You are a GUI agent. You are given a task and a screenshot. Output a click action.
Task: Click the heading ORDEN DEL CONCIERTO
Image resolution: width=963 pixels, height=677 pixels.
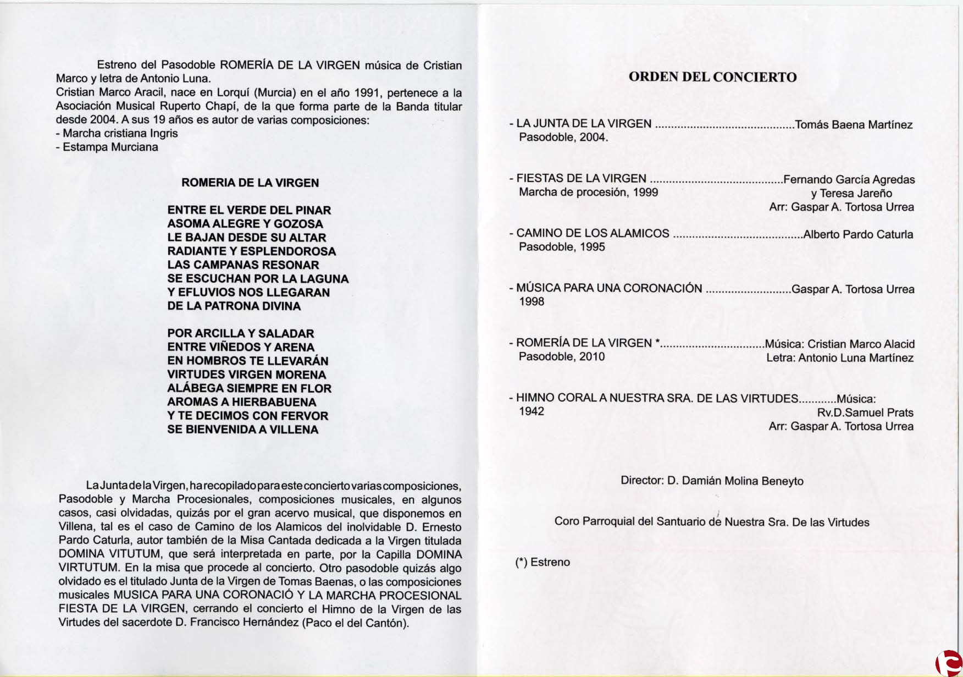pos(712,77)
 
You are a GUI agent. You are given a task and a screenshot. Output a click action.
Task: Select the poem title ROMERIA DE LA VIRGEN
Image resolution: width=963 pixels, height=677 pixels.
pos(250,183)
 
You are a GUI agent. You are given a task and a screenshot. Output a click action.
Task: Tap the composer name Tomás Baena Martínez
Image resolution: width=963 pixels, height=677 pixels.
pos(854,125)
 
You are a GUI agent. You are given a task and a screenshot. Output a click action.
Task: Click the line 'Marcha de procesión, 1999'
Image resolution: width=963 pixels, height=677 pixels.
pos(588,192)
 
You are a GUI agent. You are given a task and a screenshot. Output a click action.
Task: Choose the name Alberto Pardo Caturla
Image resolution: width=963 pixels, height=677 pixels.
pos(858,234)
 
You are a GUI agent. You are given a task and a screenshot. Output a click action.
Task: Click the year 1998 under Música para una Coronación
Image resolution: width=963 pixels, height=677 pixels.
pos(532,302)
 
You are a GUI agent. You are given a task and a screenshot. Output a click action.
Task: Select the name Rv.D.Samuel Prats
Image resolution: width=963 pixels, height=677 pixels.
pos(865,412)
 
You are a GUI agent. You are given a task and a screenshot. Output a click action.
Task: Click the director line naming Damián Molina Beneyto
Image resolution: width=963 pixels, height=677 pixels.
pos(712,481)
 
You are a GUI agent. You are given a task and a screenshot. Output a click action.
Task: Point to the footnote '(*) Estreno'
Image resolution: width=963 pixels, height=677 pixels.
pos(543,562)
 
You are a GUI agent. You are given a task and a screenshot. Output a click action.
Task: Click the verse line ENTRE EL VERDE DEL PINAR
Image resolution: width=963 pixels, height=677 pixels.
pos(249,210)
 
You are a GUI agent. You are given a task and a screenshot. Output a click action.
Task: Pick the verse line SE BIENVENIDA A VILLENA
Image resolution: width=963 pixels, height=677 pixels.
pos(243,430)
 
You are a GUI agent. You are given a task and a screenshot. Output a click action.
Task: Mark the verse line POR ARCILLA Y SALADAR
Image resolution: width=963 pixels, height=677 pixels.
pos(241,333)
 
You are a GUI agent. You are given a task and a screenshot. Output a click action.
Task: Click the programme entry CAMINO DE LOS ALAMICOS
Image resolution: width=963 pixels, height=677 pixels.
pos(593,233)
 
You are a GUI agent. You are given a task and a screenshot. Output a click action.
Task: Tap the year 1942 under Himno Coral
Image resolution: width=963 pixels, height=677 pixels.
pos(532,412)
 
